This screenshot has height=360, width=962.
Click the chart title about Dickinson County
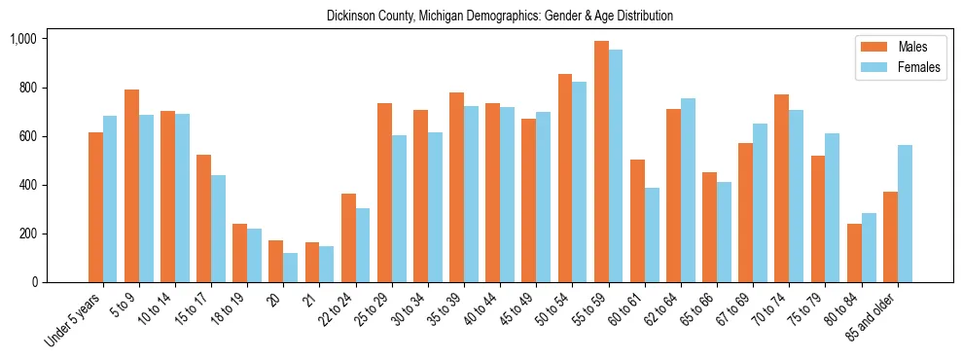click(x=500, y=17)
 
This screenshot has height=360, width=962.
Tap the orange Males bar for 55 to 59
click(x=601, y=162)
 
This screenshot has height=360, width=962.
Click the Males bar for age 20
click(x=276, y=262)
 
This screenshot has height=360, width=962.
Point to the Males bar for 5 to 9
click(x=131, y=186)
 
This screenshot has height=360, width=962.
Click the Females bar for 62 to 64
click(x=688, y=191)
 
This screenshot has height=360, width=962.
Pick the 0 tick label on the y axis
click(x=34, y=282)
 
